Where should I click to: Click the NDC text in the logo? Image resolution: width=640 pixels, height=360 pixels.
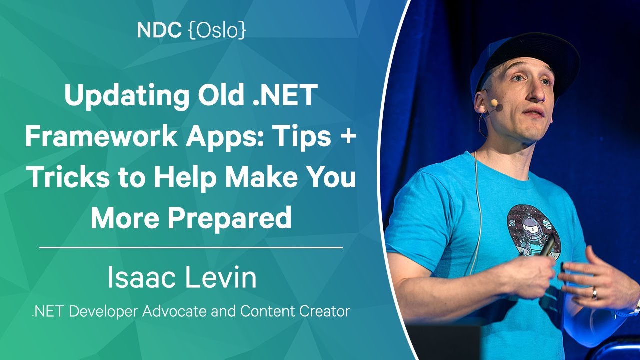(159, 30)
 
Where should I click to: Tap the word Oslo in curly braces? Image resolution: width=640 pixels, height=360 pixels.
(217, 30)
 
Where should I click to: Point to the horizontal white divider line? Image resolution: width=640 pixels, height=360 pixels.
(191, 247)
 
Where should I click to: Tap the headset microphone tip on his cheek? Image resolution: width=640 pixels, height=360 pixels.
(499, 107)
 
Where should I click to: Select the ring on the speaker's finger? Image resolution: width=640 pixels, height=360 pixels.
(594, 293)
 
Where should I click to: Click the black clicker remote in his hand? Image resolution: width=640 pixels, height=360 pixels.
(546, 245)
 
